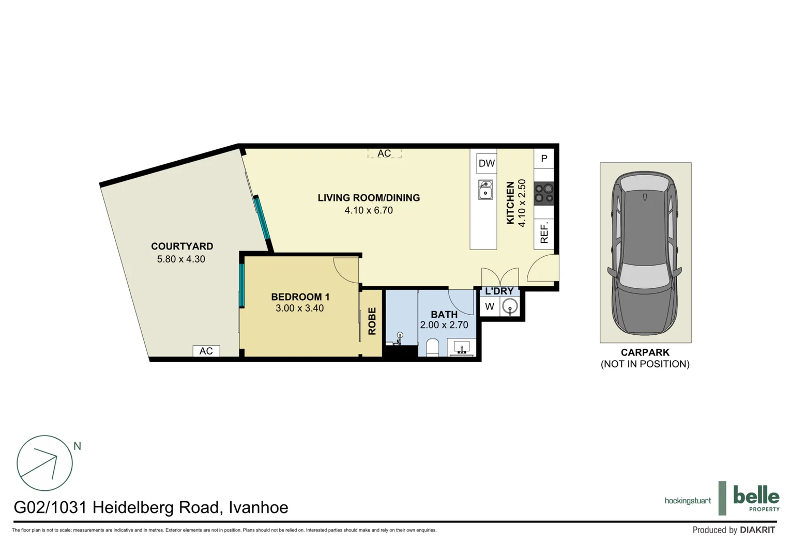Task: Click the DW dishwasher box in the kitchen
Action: click(487, 163)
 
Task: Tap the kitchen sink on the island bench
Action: click(485, 190)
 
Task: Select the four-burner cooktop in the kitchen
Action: click(544, 193)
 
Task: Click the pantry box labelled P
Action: click(544, 159)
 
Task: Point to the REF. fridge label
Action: click(544, 233)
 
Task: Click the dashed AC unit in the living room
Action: click(384, 153)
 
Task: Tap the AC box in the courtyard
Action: click(206, 351)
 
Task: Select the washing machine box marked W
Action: click(490, 306)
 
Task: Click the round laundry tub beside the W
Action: click(510, 306)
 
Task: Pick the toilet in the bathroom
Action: click(432, 348)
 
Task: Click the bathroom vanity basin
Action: click(461, 348)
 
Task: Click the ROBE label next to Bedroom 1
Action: click(372, 321)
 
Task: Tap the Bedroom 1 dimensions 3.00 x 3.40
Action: click(299, 308)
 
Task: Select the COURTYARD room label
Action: click(182, 246)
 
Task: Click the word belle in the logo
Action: click(756, 496)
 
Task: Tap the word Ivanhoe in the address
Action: click(258, 507)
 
